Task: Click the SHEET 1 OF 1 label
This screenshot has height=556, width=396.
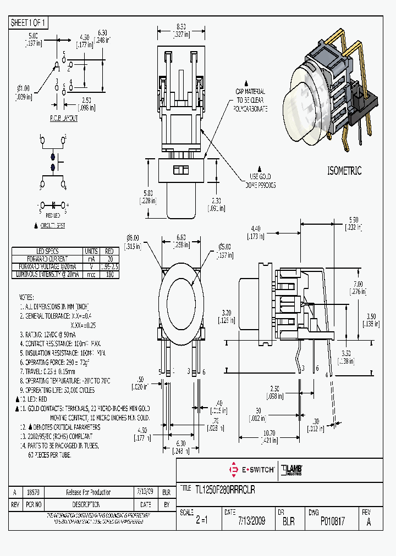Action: pos(29,23)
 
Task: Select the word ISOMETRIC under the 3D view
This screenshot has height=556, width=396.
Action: pos(344,171)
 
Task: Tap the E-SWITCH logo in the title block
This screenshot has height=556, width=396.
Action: pos(251,470)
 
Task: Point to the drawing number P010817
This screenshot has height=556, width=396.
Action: pos(332,521)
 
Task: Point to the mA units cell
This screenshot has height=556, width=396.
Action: pos(90,258)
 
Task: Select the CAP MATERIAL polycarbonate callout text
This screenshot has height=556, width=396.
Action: pos(250,100)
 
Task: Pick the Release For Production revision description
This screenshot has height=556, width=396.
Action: pos(88,492)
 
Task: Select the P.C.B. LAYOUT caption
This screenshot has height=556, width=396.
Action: pos(64,118)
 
